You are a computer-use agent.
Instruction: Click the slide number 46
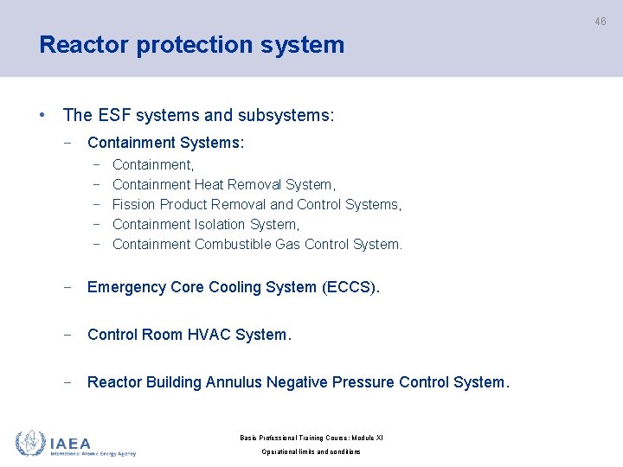600,22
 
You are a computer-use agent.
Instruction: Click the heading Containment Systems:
165,143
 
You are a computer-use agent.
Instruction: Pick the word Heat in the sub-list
209,184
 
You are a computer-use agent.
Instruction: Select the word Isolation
231,224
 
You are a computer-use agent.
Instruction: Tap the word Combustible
233,244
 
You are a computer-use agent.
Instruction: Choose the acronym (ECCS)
350,287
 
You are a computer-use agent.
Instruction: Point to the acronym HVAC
206,335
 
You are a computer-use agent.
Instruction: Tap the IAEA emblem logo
31,443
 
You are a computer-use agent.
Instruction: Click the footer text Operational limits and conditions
311,452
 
